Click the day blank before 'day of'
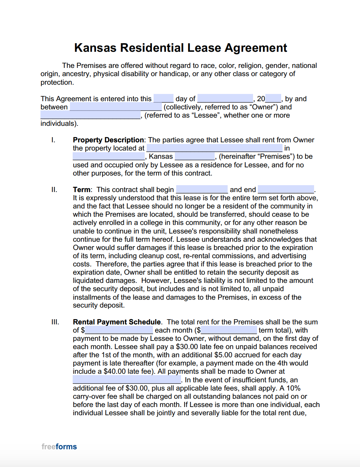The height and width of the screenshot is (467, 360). click(164, 99)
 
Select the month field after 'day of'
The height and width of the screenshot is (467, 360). click(225, 99)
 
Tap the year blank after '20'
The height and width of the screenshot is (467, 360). click(273, 99)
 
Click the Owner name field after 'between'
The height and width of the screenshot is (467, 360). click(116, 107)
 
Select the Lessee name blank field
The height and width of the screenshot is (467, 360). click(91, 115)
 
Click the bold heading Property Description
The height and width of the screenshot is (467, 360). click(108, 140)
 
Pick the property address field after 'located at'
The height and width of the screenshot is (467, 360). click(214, 148)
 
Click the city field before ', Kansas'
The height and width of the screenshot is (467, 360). click(109, 156)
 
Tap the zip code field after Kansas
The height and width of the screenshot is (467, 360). click(195, 156)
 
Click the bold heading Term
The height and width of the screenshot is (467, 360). click(82, 190)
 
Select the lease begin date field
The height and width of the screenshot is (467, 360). click(202, 190)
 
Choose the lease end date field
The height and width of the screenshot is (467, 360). click(286, 190)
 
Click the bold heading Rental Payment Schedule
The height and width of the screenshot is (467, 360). click(117, 322)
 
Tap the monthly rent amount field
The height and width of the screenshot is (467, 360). click(119, 330)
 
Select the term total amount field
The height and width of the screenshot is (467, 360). click(229, 330)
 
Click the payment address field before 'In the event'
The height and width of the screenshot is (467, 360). click(127, 380)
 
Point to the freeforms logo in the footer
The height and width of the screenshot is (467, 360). click(59, 447)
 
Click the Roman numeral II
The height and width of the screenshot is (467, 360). click(54, 190)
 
